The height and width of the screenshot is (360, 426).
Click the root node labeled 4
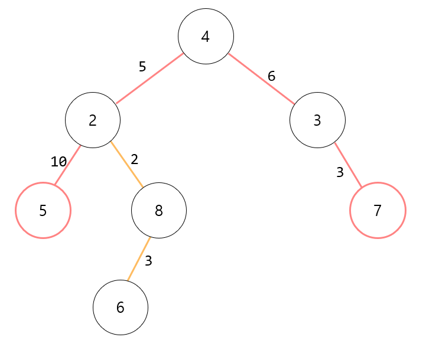[206, 37]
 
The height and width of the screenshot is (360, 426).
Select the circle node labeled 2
[93, 120]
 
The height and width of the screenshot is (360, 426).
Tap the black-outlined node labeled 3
[317, 120]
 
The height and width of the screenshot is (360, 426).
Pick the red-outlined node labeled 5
[43, 210]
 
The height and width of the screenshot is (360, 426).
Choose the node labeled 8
[158, 210]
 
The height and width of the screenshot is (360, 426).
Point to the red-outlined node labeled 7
[378, 210]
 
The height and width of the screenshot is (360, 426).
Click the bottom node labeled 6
[121, 307]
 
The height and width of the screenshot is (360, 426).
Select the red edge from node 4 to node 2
[149, 78]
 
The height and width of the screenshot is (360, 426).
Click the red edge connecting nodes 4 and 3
[261, 78]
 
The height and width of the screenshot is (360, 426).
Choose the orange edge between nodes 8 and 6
[139, 259]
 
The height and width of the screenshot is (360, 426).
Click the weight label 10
[58, 162]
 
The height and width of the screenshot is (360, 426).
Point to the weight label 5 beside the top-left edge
[142, 67]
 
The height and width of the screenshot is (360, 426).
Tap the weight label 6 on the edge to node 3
[271, 76]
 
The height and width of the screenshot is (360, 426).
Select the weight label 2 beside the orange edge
[134, 159]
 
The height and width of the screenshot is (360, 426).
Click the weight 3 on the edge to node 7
[340, 173]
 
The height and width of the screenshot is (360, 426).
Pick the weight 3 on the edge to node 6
[148, 261]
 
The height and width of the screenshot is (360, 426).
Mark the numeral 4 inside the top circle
[206, 37]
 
